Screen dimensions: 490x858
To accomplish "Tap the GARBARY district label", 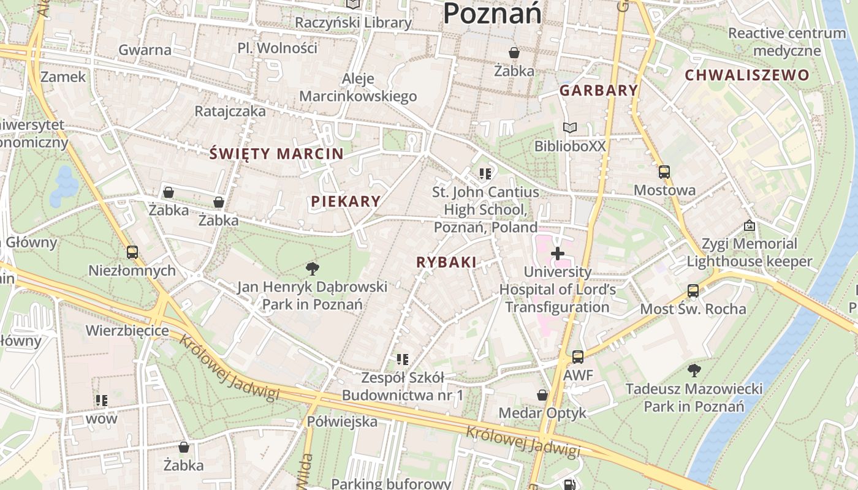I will click(x=599, y=91).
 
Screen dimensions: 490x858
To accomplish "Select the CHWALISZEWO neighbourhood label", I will click(x=747, y=75).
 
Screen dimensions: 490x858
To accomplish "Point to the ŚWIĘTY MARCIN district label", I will click(x=276, y=153).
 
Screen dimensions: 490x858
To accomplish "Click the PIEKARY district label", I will click(x=346, y=201).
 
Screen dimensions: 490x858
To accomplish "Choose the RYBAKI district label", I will click(x=446, y=262).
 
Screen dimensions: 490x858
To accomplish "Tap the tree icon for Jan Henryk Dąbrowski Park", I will click(x=313, y=268).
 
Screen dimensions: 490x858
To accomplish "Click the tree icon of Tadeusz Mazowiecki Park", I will click(x=694, y=370).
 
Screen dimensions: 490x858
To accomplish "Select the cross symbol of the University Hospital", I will click(x=558, y=253).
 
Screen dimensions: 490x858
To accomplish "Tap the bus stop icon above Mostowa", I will click(x=664, y=171).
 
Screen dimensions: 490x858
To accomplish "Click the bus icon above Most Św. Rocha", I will click(x=693, y=290).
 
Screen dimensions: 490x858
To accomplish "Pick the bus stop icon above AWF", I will click(x=577, y=356).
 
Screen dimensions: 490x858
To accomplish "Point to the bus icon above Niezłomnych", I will click(x=132, y=252).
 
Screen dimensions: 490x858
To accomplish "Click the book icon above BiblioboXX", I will click(x=570, y=128).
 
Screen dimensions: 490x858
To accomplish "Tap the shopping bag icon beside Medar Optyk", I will click(x=542, y=395).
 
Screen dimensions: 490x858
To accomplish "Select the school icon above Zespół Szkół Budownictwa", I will click(x=402, y=359).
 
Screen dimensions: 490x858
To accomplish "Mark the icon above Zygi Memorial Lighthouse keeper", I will click(x=749, y=225).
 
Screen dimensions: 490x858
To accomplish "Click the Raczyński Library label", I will click(x=353, y=23).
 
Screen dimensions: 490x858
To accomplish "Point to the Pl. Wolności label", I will click(x=278, y=48).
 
